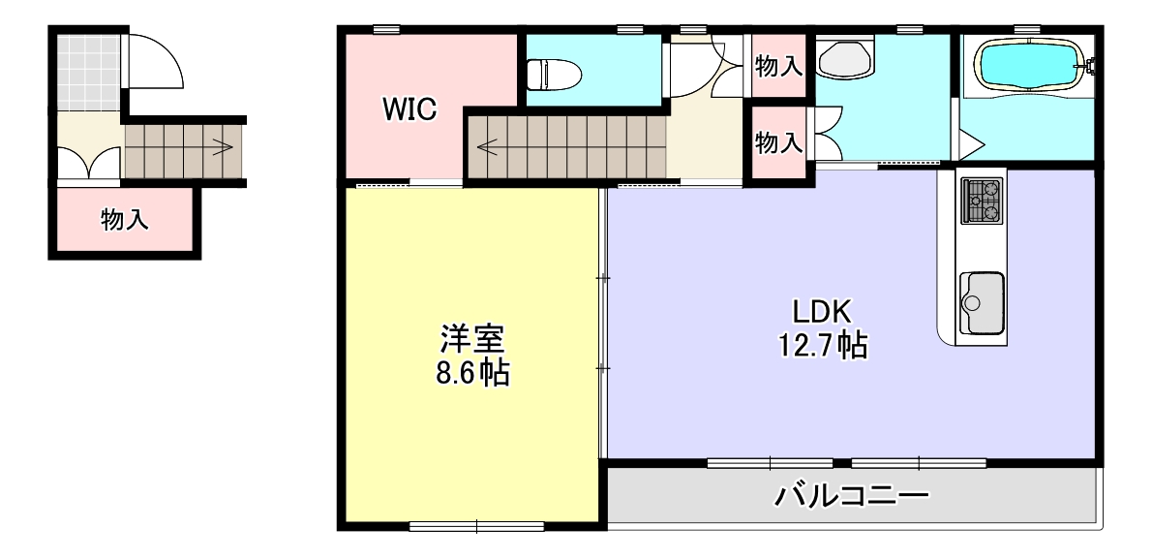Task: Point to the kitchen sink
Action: pyautogui.click(x=980, y=297)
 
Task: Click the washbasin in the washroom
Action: pyautogui.click(x=845, y=59)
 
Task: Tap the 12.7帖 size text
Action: pyautogui.click(x=821, y=344)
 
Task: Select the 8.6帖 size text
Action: pyautogui.click(x=472, y=373)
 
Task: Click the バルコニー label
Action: pyautogui.click(x=852, y=497)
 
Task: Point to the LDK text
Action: pyautogui.click(x=821, y=312)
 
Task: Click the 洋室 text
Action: pyautogui.click(x=472, y=339)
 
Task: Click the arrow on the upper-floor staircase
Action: pyautogui.click(x=487, y=149)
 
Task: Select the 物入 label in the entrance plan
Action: pyautogui.click(x=126, y=221)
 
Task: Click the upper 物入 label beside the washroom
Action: pyautogui.click(x=778, y=66)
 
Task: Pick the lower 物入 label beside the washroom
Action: pyautogui.click(x=778, y=142)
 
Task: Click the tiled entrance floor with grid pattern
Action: pyautogui.click(x=88, y=72)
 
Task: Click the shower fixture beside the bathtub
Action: pyautogui.click(x=1093, y=68)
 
